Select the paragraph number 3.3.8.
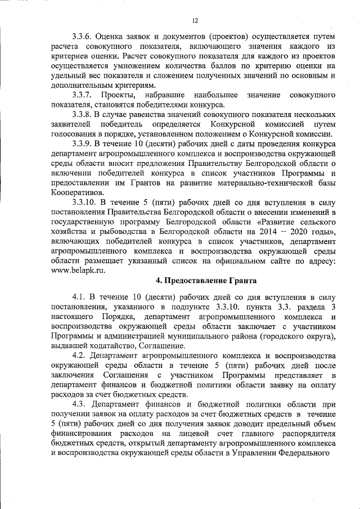[84, 115]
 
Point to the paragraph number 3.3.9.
[84, 146]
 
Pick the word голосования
[71, 135]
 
